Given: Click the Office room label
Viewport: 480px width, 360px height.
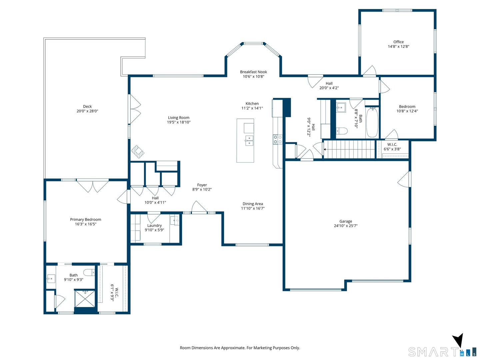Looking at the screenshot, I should [x=398, y=42].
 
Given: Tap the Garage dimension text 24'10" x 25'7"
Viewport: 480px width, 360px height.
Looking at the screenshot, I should [x=346, y=226].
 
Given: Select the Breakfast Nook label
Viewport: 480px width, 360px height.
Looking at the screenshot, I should [x=253, y=72].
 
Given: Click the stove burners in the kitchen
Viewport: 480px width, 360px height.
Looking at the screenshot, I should [x=278, y=139].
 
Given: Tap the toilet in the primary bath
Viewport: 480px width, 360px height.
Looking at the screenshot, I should [x=89, y=273].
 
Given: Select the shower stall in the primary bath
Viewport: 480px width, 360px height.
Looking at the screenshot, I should [x=85, y=299].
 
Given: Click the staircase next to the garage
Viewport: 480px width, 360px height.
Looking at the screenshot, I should [x=349, y=149].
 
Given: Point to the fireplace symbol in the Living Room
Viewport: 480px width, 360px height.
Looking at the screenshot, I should [x=138, y=151].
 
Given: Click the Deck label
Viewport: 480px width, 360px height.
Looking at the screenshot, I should [x=87, y=107].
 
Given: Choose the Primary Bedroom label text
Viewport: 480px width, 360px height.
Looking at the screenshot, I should [x=86, y=220].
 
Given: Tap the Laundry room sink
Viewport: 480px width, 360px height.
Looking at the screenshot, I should [x=175, y=220].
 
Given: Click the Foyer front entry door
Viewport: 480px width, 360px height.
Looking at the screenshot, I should [x=199, y=207].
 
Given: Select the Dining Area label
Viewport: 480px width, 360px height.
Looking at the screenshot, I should [x=253, y=204].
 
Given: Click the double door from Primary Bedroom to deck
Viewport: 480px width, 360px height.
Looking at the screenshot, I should [x=93, y=186].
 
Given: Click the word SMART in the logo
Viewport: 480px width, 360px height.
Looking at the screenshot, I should [x=433, y=352].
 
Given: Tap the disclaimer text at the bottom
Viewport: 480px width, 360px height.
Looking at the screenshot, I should [x=240, y=348].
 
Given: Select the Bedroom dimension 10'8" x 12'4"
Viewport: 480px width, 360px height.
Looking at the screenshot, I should [x=407, y=111].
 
